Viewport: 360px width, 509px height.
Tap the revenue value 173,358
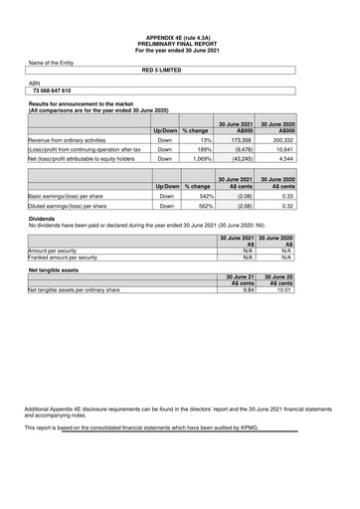[240, 141]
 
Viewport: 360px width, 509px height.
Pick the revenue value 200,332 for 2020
[282, 141]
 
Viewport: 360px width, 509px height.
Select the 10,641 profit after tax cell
[283, 149]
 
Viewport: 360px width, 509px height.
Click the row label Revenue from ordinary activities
[67, 141]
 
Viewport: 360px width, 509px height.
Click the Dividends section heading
[42, 217]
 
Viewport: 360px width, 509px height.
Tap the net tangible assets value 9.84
[249, 290]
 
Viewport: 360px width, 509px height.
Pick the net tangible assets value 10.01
[284, 290]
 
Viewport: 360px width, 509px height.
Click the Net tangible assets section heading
[55, 269]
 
